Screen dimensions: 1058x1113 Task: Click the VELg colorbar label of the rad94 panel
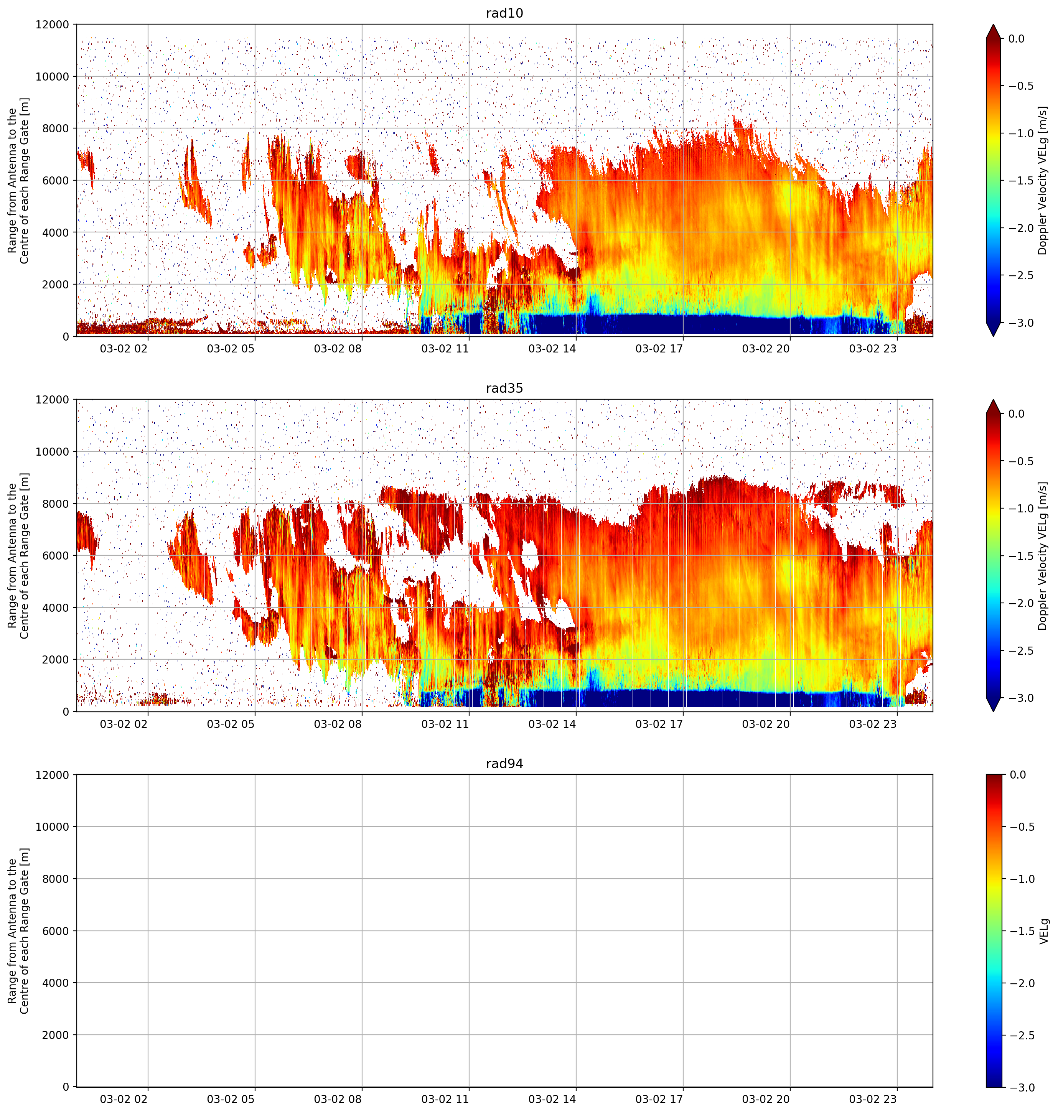coord(1043,931)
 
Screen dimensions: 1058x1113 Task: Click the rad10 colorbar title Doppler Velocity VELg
coord(1042,180)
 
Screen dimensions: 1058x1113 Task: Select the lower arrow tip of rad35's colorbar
coord(994,711)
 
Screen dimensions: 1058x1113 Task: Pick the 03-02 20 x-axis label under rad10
coord(765,349)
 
